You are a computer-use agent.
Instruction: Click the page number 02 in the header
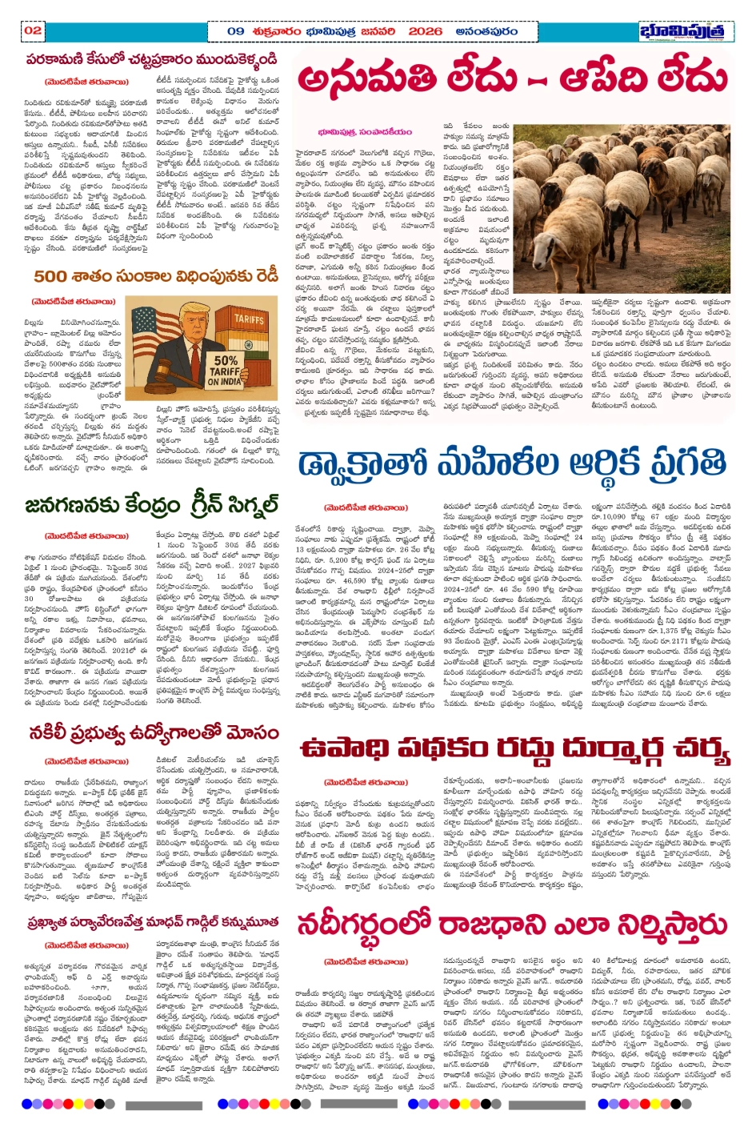32,30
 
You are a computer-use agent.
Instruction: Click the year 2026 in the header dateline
424,31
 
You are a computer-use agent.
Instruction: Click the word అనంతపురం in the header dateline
486,31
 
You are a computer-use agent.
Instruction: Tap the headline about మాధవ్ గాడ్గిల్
152,922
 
